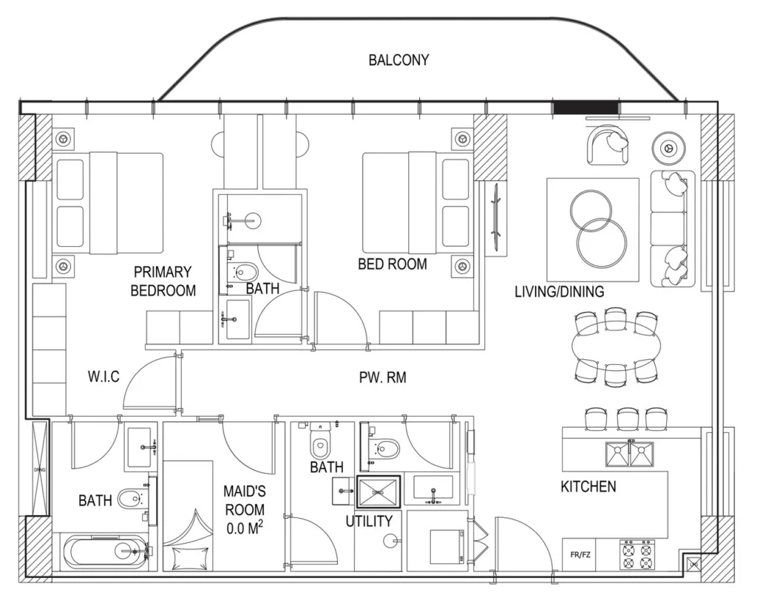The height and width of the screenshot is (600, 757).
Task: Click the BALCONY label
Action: pos(398,61)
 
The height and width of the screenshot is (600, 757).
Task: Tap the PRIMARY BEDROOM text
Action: pos(163,282)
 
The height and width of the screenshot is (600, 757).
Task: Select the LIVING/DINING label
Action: pos(559,292)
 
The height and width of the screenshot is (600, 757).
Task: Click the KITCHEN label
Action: pos(588,487)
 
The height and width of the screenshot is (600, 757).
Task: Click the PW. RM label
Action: pos(382,378)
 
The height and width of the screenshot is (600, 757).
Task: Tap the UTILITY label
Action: pos(369,521)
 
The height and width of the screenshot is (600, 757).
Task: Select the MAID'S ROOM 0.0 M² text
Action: pos(244,510)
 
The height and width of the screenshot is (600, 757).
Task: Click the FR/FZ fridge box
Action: pos(580,553)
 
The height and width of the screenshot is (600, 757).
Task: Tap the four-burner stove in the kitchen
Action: pos(637,554)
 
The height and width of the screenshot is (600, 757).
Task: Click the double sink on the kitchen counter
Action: pos(629,453)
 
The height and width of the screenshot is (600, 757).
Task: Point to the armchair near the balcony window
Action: pos(609,146)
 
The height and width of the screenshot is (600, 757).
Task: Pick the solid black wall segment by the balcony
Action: pos(585,108)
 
